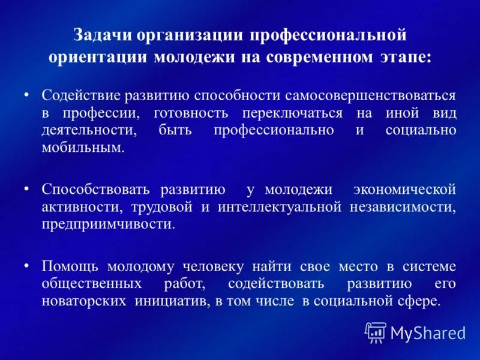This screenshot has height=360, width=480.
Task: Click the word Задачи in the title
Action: pyautogui.click(x=101, y=35)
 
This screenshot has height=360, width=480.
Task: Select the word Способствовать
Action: pyautogui.click(x=95, y=190)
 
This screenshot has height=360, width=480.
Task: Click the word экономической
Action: pyautogui.click(x=404, y=190)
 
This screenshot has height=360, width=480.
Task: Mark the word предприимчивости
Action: pyautogui.click(x=109, y=224)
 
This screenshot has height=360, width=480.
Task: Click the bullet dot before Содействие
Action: pyautogui.click(x=26, y=95)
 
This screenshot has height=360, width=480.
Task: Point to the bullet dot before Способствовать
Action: pyautogui.click(x=26, y=188)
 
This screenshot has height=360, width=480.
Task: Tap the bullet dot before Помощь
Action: pyautogui.click(x=26, y=265)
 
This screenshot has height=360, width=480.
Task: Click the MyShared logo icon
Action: pyautogui.click(x=375, y=332)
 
